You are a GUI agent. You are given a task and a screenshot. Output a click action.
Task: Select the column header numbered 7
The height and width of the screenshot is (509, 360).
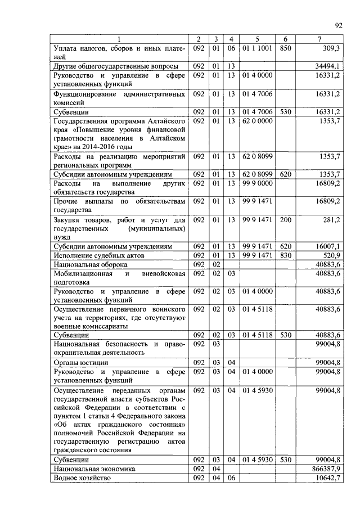pyautogui.click(x=319, y=39)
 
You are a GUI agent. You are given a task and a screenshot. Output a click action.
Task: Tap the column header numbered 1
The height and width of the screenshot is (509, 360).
pyautogui.click(x=119, y=39)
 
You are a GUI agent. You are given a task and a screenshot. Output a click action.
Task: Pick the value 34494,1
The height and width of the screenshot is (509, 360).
pyautogui.click(x=327, y=66)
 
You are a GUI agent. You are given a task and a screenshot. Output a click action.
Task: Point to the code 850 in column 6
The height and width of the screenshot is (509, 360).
pyautogui.click(x=285, y=48)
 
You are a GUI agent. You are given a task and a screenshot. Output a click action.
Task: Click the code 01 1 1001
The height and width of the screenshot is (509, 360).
pyautogui.click(x=257, y=48)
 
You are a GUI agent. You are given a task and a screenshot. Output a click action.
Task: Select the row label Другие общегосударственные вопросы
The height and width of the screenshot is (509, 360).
pyautogui.click(x=116, y=66)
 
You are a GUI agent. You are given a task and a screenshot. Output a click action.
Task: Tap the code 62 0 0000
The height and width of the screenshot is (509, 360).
pyautogui.click(x=257, y=121)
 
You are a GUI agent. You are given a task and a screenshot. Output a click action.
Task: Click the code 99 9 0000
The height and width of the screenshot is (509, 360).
pyautogui.click(x=257, y=183)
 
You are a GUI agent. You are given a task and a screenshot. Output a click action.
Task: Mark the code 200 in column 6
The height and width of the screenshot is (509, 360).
pyautogui.click(x=285, y=220)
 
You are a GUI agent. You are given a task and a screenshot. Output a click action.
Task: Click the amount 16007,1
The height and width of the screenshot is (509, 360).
pyautogui.click(x=327, y=246)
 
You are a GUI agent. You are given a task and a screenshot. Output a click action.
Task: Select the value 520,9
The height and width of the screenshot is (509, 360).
pyautogui.click(x=330, y=255)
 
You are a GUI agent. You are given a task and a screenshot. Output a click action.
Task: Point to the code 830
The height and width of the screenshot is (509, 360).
pyautogui.click(x=285, y=255)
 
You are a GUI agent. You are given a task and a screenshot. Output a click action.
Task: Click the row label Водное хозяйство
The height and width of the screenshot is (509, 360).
pyautogui.click(x=81, y=478)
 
